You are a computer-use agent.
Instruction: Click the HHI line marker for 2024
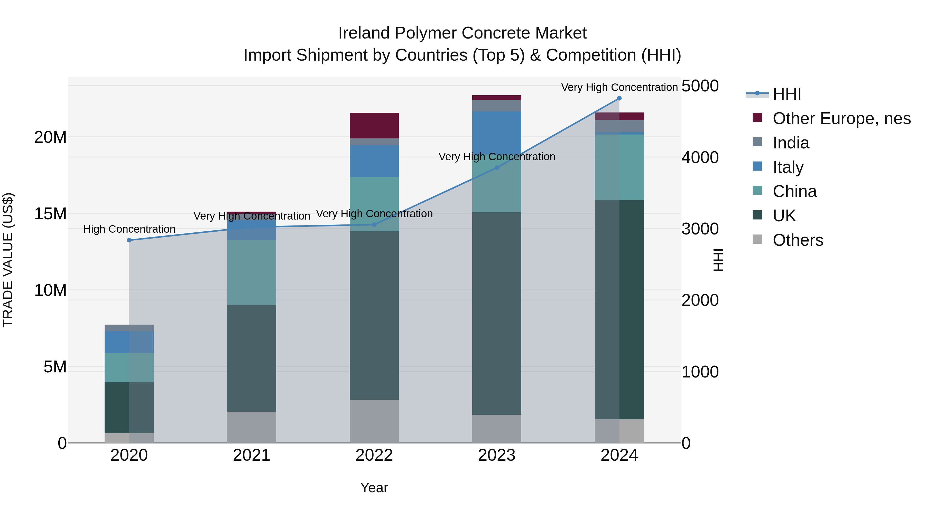coord(619,98)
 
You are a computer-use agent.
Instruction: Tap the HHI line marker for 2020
coord(129,240)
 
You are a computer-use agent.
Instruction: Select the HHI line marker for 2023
coord(497,168)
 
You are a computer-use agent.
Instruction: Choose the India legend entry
coord(791,143)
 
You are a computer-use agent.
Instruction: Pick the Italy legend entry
coord(788,167)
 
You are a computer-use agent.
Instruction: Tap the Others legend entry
coord(798,240)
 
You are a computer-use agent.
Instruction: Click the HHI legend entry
coord(787,94)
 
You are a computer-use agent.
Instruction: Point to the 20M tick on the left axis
coord(50,137)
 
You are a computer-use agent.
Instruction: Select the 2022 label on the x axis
coord(374,455)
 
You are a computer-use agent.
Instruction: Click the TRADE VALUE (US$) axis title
coord(8,260)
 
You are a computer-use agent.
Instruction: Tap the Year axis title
coord(374,488)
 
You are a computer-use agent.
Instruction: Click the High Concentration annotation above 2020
coord(129,229)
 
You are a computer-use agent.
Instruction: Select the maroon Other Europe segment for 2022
coord(374,125)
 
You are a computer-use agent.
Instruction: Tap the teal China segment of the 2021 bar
coord(251,272)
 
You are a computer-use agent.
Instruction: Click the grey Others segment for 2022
coord(374,421)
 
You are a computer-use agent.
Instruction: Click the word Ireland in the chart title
coord(364,33)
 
